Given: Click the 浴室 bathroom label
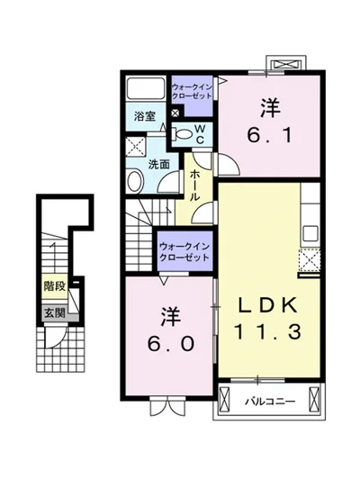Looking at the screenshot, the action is click(145, 115).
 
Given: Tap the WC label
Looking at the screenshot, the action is click(200, 134).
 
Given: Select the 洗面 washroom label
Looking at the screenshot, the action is click(158, 165).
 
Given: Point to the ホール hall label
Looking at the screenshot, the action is click(195, 185).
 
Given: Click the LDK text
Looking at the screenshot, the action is click(268, 305).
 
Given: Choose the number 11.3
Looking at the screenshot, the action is click(268, 331).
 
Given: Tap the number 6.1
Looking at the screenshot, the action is click(269, 136).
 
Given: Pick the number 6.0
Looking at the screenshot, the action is click(170, 343).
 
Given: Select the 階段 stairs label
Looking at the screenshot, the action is click(55, 286).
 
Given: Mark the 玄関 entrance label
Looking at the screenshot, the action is click(55, 313).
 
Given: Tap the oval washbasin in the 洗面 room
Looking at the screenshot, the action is click(135, 182).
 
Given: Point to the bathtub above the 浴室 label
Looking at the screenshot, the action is click(146, 88).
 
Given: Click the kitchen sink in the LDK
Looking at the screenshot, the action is click(310, 234).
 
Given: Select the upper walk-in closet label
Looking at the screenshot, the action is click(192, 91).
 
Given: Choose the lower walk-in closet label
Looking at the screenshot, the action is click(184, 251).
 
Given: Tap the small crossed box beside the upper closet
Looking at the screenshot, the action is click(175, 113).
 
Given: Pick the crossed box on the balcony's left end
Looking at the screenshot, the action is click(224, 401).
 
